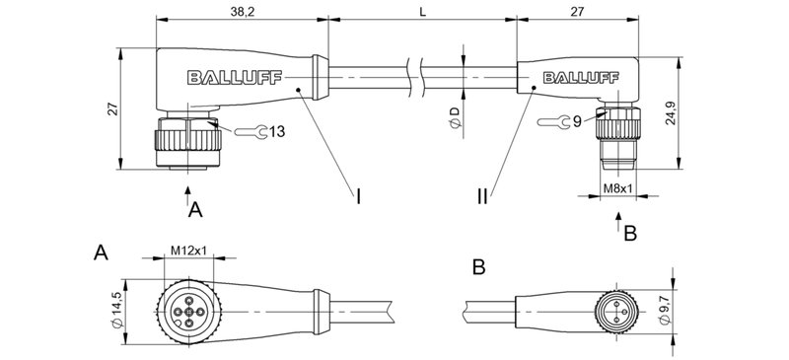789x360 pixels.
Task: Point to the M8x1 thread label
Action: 617,186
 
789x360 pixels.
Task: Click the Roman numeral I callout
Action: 359,197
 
